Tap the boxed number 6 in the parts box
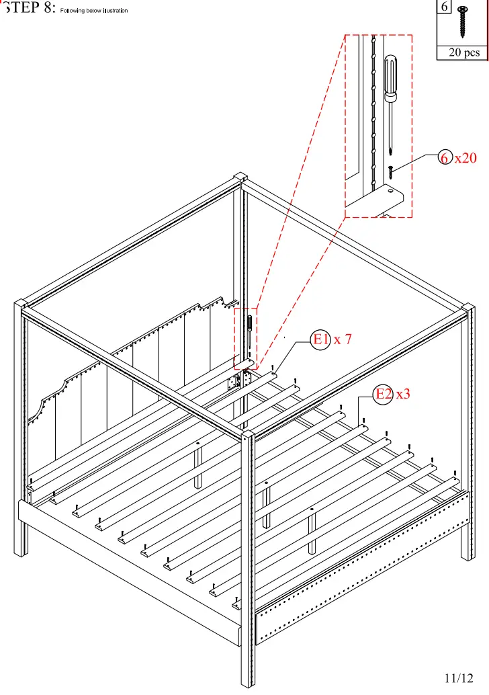coord(445,7)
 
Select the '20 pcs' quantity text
coord(464,52)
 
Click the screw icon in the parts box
coord(463,21)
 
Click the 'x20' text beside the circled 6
coord(465,158)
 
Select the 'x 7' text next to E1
coord(343,340)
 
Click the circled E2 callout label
coord(383,395)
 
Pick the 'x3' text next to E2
coord(402,395)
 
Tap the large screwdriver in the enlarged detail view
coord(390,101)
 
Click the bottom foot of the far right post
coord(467,555)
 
